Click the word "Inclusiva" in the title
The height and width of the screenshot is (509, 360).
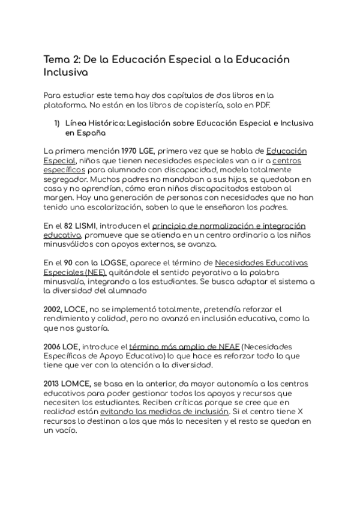click(x=66, y=73)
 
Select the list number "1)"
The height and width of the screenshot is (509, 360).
click(x=57, y=124)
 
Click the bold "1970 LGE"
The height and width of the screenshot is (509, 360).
click(x=139, y=151)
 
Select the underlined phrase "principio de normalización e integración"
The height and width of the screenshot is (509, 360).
click(x=229, y=226)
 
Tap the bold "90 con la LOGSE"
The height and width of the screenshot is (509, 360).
click(x=88, y=263)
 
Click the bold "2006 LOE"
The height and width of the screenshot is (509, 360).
click(x=62, y=346)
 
